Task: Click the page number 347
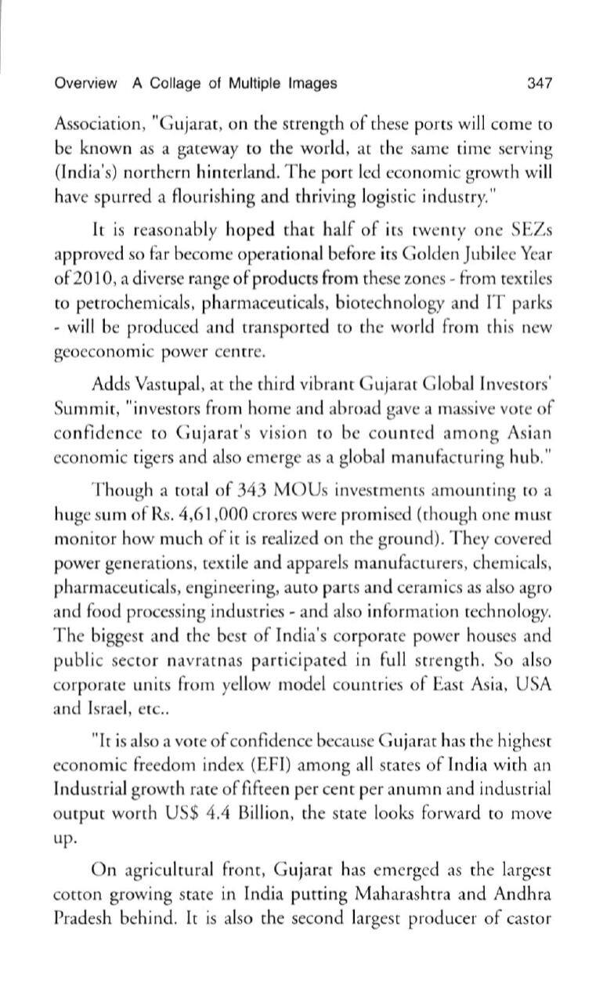pos(540,83)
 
